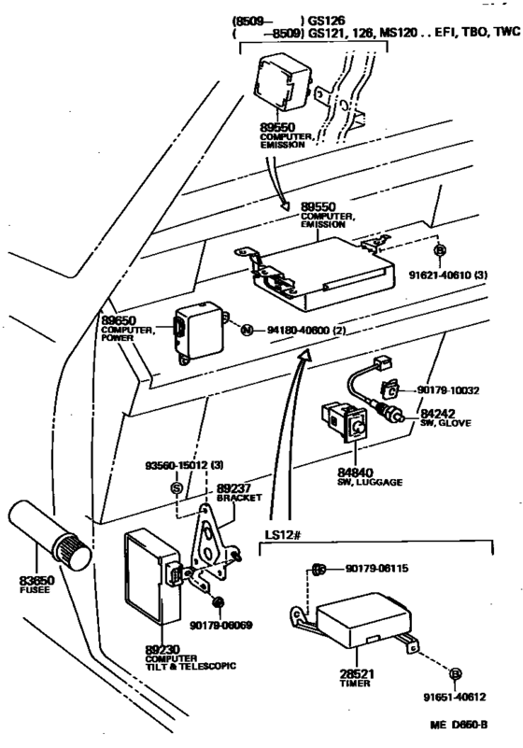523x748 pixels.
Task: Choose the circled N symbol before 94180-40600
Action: (247, 331)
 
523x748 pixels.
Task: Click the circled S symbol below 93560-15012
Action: (176, 487)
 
